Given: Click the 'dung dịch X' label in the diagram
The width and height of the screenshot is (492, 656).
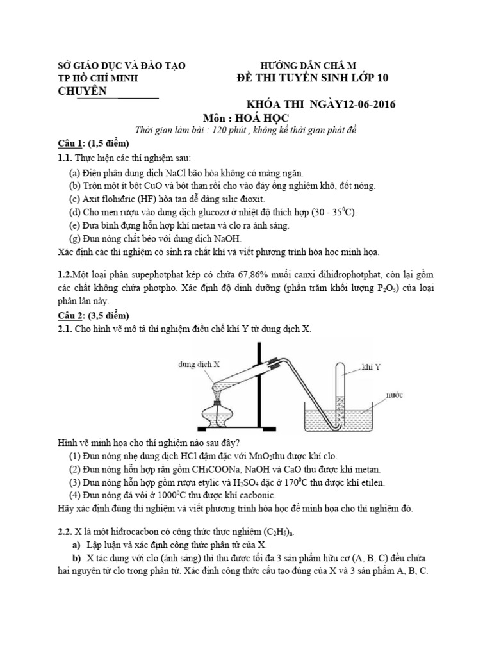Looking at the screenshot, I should (x=199, y=364).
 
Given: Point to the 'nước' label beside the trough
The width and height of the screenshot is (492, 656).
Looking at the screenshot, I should (x=394, y=395).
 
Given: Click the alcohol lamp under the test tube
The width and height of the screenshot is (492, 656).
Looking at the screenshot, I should (x=220, y=413).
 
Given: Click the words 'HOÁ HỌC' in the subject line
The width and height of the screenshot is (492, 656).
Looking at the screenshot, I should (x=263, y=119).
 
